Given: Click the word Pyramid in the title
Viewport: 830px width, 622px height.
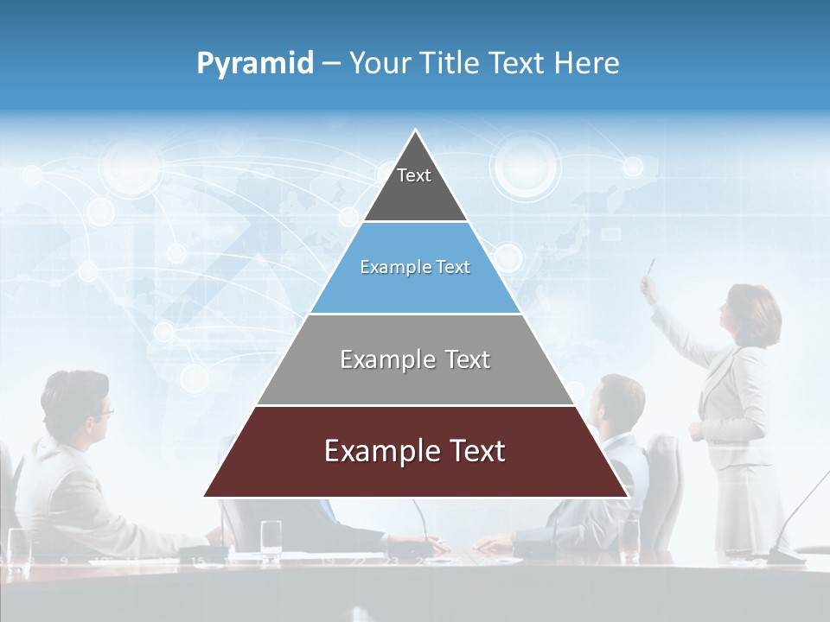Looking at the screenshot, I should point(254,64).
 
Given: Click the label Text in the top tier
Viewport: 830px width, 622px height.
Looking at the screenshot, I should point(413,175).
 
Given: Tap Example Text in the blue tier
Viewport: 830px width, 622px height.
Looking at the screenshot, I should point(415,267).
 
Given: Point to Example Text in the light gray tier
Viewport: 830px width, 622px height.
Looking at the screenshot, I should point(415,359).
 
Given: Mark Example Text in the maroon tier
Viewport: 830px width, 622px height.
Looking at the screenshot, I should point(415,451).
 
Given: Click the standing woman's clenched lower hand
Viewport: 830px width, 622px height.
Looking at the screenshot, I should point(697,431).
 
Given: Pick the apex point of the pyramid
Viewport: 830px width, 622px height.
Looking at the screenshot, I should point(415,131).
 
